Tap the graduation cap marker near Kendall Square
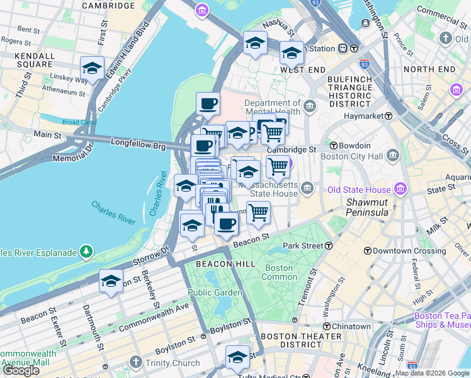(92, 69)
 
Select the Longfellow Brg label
(138, 144)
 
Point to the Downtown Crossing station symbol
(367, 250)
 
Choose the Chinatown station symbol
(327, 326)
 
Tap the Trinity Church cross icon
(135, 362)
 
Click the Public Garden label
(215, 292)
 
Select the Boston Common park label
(279, 272)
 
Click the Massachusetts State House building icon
(307, 188)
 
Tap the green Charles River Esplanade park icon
(86, 253)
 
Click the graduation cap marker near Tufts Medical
(237, 356)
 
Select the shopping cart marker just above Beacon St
(259, 212)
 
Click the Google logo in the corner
(21, 370)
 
